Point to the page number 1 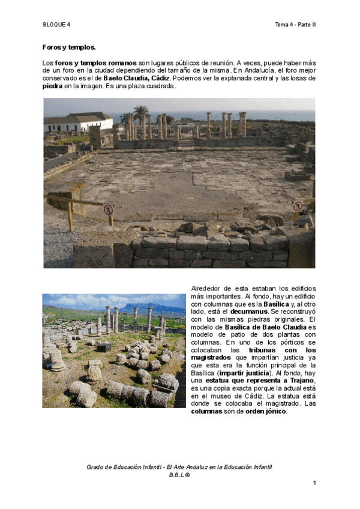pyautogui.click(x=314, y=483)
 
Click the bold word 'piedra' pyautogui.click(x=53, y=86)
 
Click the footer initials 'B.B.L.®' pyautogui.click(x=179, y=475)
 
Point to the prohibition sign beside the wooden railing pyautogui.click(x=108, y=210)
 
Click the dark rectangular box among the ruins pyautogui.click(x=104, y=347)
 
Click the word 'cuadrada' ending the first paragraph pyautogui.click(x=158, y=86)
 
